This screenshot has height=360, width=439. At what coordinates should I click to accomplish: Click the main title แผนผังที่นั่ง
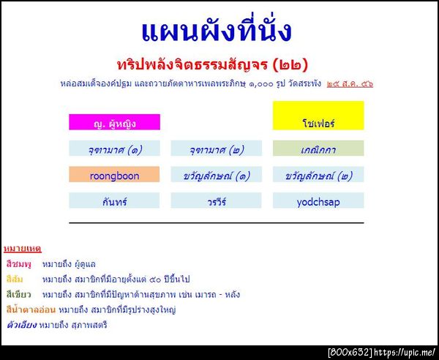[216, 31]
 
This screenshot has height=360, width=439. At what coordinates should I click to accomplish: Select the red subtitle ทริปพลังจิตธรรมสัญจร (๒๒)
[212, 64]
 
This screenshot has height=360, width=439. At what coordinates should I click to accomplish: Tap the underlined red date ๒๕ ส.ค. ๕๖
[350, 83]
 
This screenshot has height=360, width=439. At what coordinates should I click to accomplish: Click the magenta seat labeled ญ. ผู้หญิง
[114, 122]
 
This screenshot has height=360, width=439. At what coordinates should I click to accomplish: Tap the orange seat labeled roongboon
[114, 175]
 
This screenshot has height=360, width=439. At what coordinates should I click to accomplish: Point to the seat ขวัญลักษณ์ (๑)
[216, 175]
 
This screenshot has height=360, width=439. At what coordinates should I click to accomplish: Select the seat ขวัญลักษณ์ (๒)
[318, 175]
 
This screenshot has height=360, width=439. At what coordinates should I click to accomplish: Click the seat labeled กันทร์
[114, 200]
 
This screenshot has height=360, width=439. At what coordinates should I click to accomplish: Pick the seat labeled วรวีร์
[216, 200]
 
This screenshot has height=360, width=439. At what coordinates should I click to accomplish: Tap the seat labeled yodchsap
[318, 200]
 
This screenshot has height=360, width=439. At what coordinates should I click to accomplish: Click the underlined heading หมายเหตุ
[23, 249]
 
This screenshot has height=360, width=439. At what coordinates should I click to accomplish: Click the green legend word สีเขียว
[19, 294]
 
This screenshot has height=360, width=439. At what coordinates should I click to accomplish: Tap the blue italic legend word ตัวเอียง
[20, 325]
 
